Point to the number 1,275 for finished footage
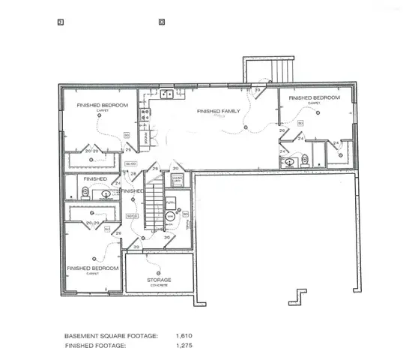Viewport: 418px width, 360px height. [x=184, y=346]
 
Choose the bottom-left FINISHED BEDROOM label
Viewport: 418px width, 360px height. [x=93, y=268]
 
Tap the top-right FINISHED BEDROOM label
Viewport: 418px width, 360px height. [x=314, y=98]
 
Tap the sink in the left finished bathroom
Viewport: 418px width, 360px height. [x=106, y=194]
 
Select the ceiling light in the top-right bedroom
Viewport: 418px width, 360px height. [x=319, y=112]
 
